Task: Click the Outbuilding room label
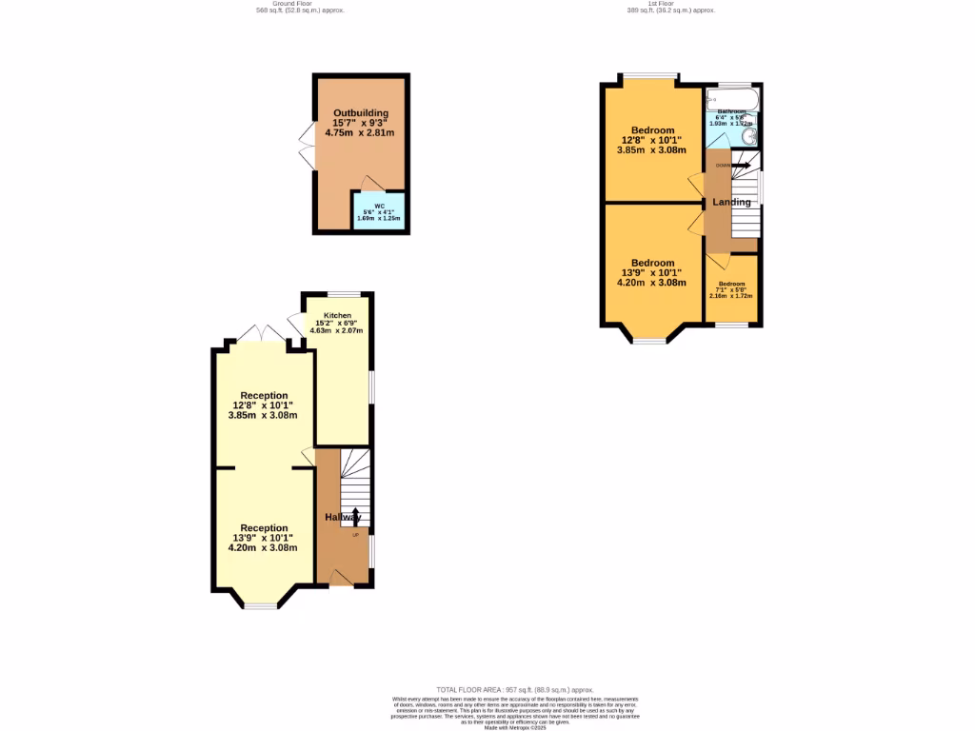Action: point(360,113)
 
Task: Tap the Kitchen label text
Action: point(337,316)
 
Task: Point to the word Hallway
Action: point(343,517)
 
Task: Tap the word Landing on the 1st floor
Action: point(731,202)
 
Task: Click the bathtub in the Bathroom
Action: point(731,98)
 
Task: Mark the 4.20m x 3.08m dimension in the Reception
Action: point(265,547)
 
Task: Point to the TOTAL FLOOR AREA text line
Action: point(514,689)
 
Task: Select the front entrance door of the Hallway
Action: point(339,577)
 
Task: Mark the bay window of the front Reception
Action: point(260,605)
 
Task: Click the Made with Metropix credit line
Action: point(514,727)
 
